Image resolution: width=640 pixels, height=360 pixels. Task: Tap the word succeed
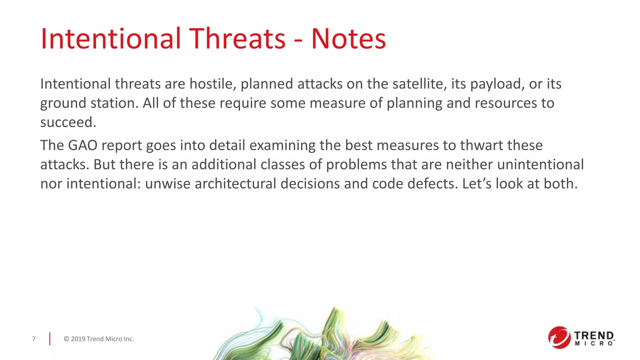[68, 122]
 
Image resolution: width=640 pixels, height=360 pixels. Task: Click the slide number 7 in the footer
[34, 339]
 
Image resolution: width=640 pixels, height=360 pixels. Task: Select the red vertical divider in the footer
[50, 339]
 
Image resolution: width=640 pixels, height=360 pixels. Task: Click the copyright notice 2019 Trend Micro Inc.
[99, 339]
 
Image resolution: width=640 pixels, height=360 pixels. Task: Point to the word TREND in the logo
[594, 336]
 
